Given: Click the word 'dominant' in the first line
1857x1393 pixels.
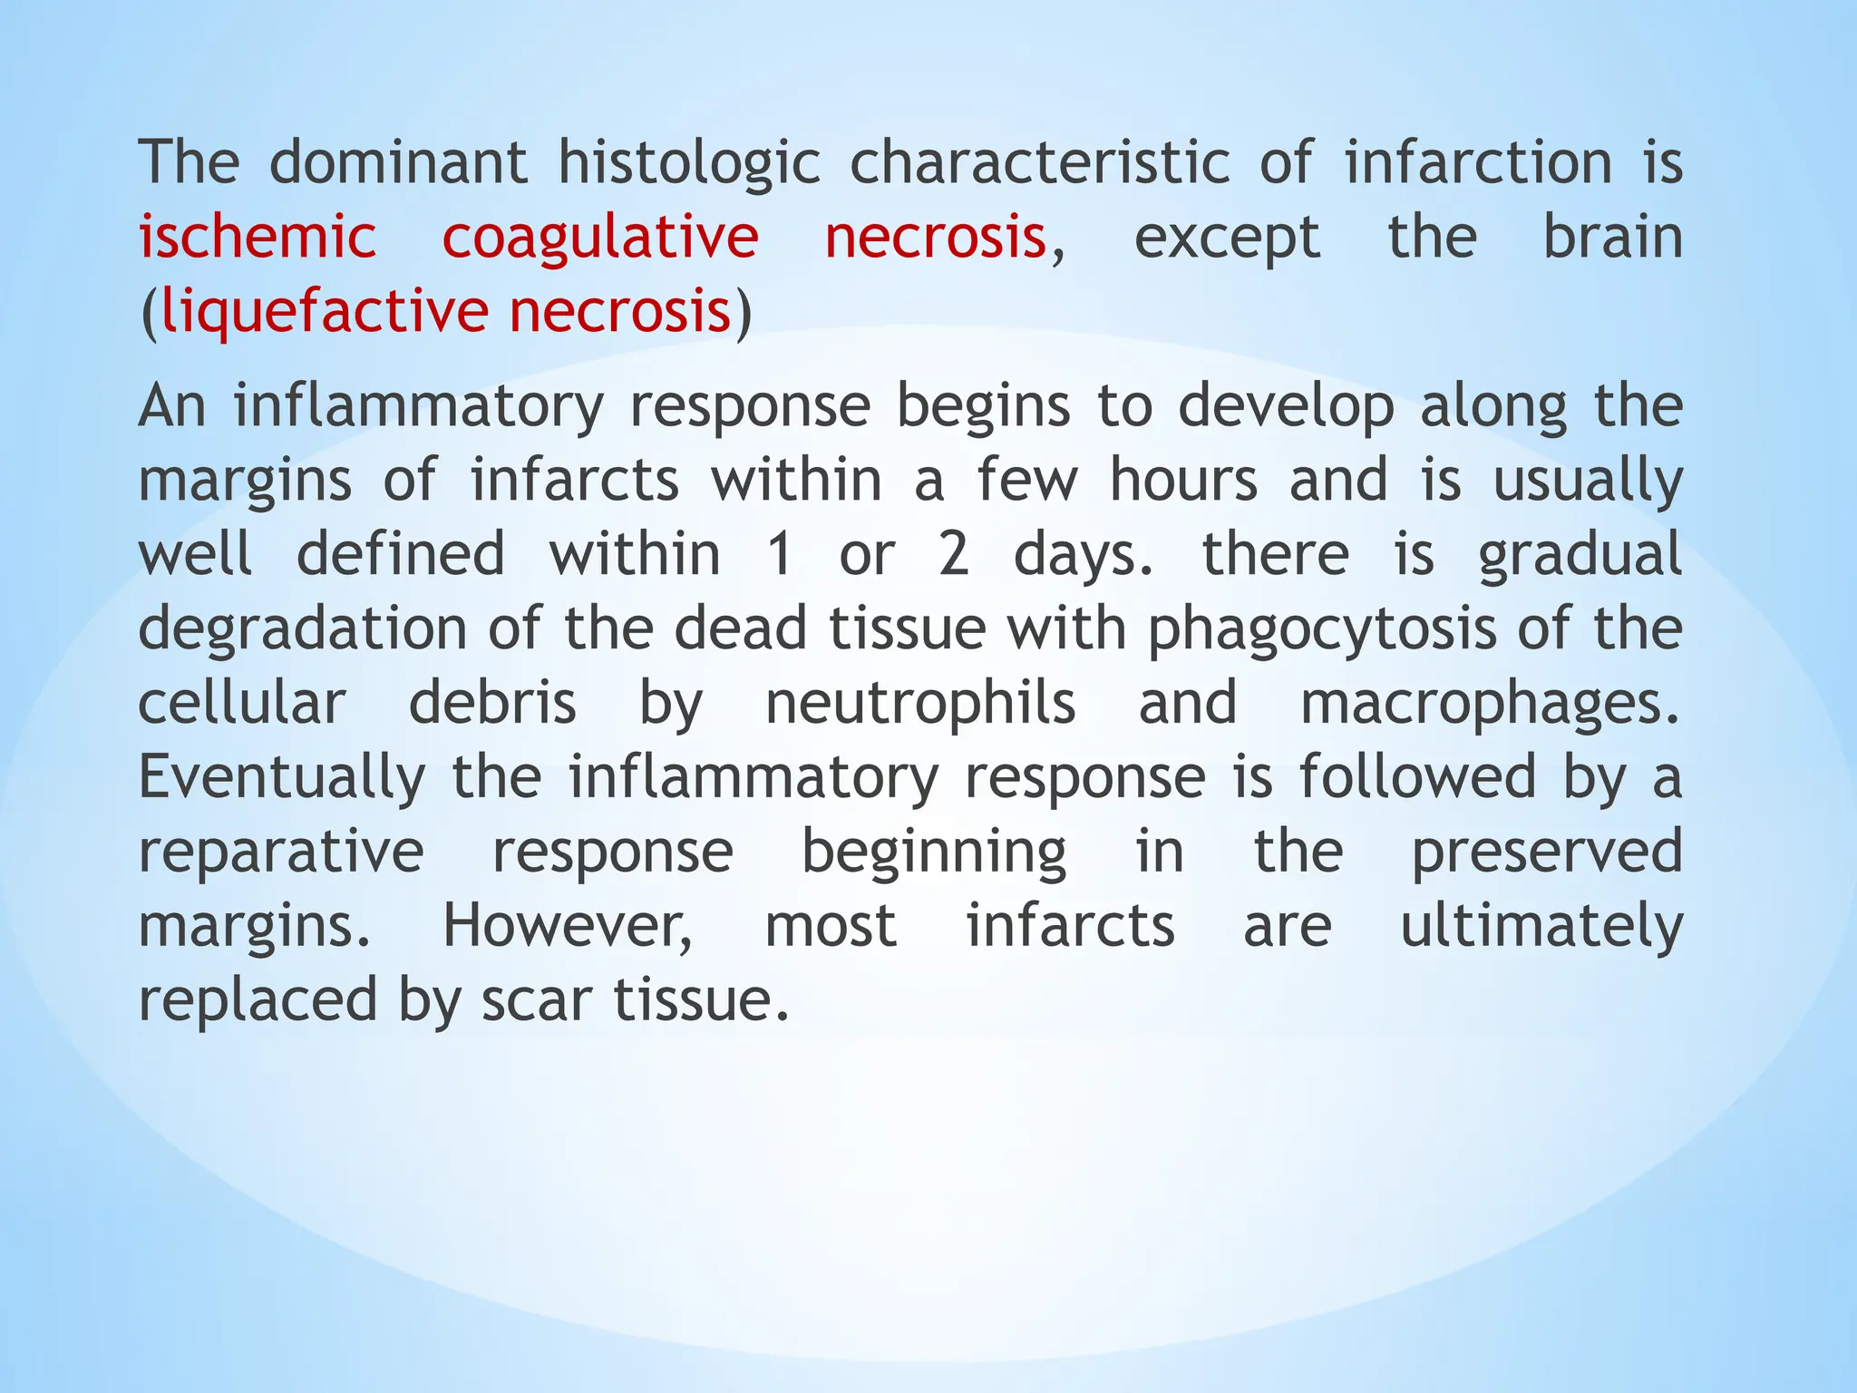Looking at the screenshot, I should (399, 163).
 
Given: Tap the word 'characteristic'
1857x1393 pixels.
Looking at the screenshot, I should (1040, 163).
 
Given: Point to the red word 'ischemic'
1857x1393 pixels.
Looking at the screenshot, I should (258, 238).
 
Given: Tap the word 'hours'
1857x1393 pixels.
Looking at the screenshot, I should (1184, 481).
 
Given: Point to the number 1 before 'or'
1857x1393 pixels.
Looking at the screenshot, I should (779, 555).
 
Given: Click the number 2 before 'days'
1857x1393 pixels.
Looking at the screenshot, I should (953, 555).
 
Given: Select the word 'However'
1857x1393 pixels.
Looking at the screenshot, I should (568, 927).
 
